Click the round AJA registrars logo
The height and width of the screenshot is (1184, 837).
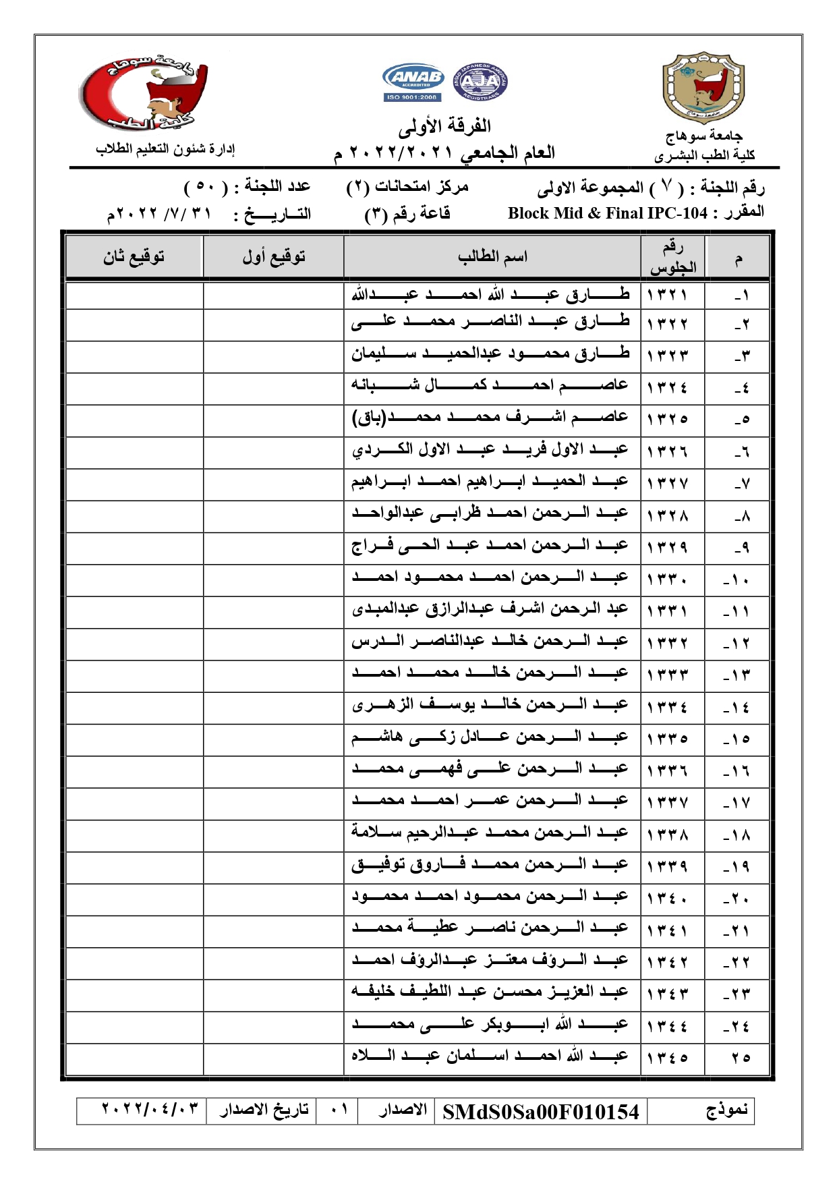coord(480,82)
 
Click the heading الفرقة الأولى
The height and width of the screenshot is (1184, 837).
coord(444,125)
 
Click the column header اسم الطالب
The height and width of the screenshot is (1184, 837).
coord(492,257)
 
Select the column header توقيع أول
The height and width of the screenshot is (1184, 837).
coord(273,257)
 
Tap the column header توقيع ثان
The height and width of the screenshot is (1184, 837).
coord(134,257)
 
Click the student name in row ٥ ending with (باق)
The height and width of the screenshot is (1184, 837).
coord(490,418)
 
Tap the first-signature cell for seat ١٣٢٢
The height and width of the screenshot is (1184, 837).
coord(273,325)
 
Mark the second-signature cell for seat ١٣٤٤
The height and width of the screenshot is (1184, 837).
coord(134,1025)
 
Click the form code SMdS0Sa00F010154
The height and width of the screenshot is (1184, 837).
coord(540,1112)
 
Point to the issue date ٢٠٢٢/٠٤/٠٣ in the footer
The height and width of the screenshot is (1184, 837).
coord(150,1109)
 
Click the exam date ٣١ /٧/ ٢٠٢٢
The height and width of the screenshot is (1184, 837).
coord(159,215)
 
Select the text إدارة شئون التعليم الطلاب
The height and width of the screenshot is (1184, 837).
coord(165,149)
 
